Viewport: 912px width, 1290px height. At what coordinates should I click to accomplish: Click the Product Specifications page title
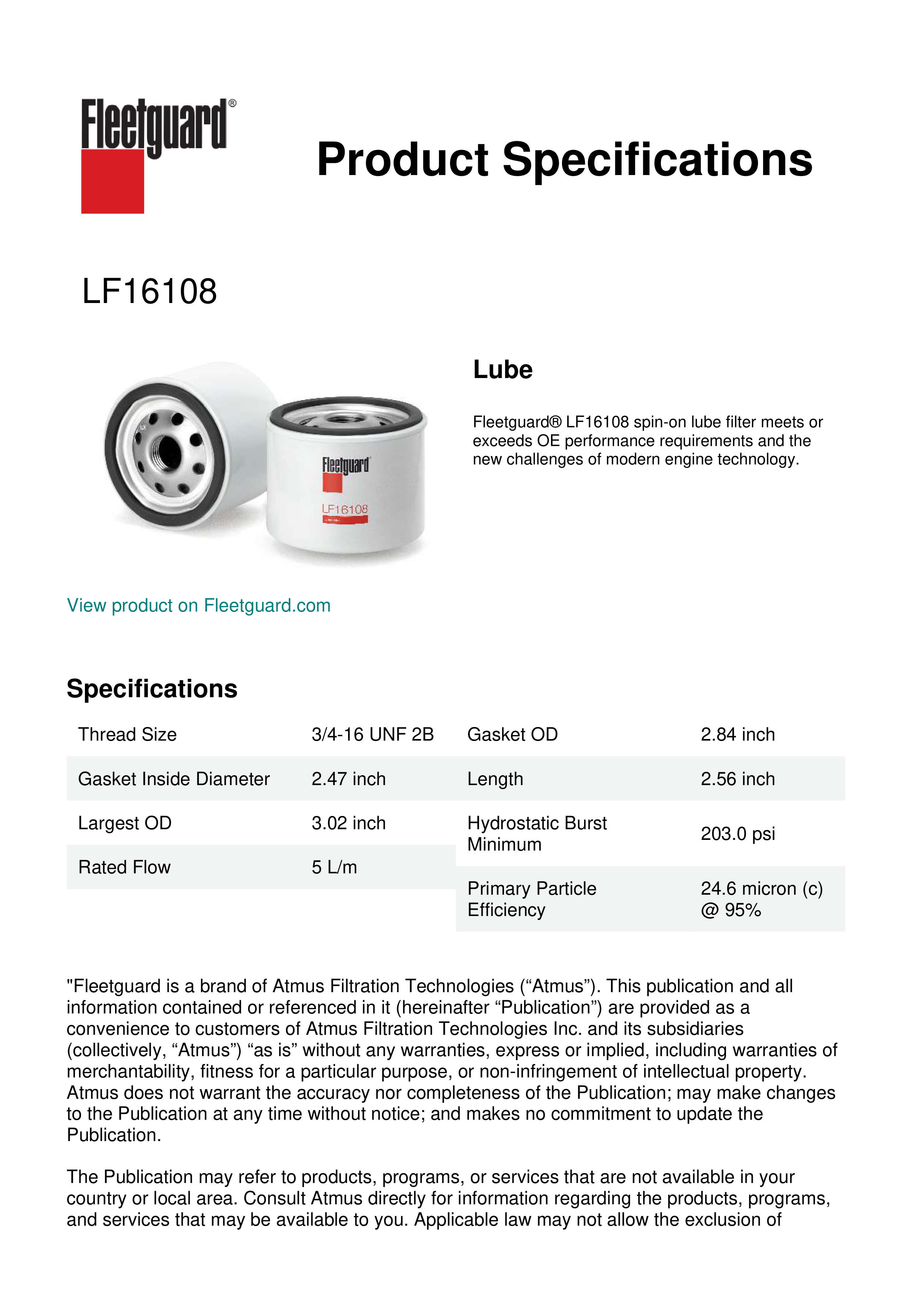(564, 160)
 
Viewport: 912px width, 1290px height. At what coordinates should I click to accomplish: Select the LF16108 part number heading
(149, 292)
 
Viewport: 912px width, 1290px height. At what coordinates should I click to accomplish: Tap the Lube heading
(503, 370)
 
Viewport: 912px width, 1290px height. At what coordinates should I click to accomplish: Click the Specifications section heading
(151, 689)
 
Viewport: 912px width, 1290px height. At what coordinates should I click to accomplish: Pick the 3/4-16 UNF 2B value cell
(372, 734)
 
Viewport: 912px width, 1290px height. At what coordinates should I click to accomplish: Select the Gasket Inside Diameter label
(174, 779)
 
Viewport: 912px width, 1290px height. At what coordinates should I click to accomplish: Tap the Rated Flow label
(124, 867)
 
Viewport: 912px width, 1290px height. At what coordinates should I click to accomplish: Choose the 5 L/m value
(334, 867)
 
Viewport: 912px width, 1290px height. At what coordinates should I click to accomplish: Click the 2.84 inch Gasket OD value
(737, 734)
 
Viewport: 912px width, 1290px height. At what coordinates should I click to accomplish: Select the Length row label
(495, 779)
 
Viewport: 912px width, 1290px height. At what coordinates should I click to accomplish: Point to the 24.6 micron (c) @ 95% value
(761, 899)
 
